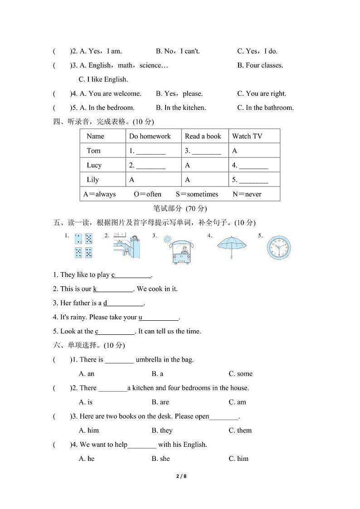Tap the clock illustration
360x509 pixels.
(278, 248)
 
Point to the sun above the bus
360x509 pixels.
(168, 238)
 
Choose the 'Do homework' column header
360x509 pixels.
(150, 136)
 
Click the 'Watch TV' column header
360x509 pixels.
(247, 136)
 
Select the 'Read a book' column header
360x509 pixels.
(203, 136)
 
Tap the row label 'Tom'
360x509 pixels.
(93, 151)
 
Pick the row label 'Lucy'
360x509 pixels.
(94, 165)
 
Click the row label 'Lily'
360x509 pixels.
(92, 180)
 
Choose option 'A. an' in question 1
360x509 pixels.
(87, 374)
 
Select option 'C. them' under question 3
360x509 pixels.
(240, 430)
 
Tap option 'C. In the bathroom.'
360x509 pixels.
(265, 108)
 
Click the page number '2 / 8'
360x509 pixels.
(180, 476)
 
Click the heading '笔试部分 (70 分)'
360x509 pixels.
(180, 208)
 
